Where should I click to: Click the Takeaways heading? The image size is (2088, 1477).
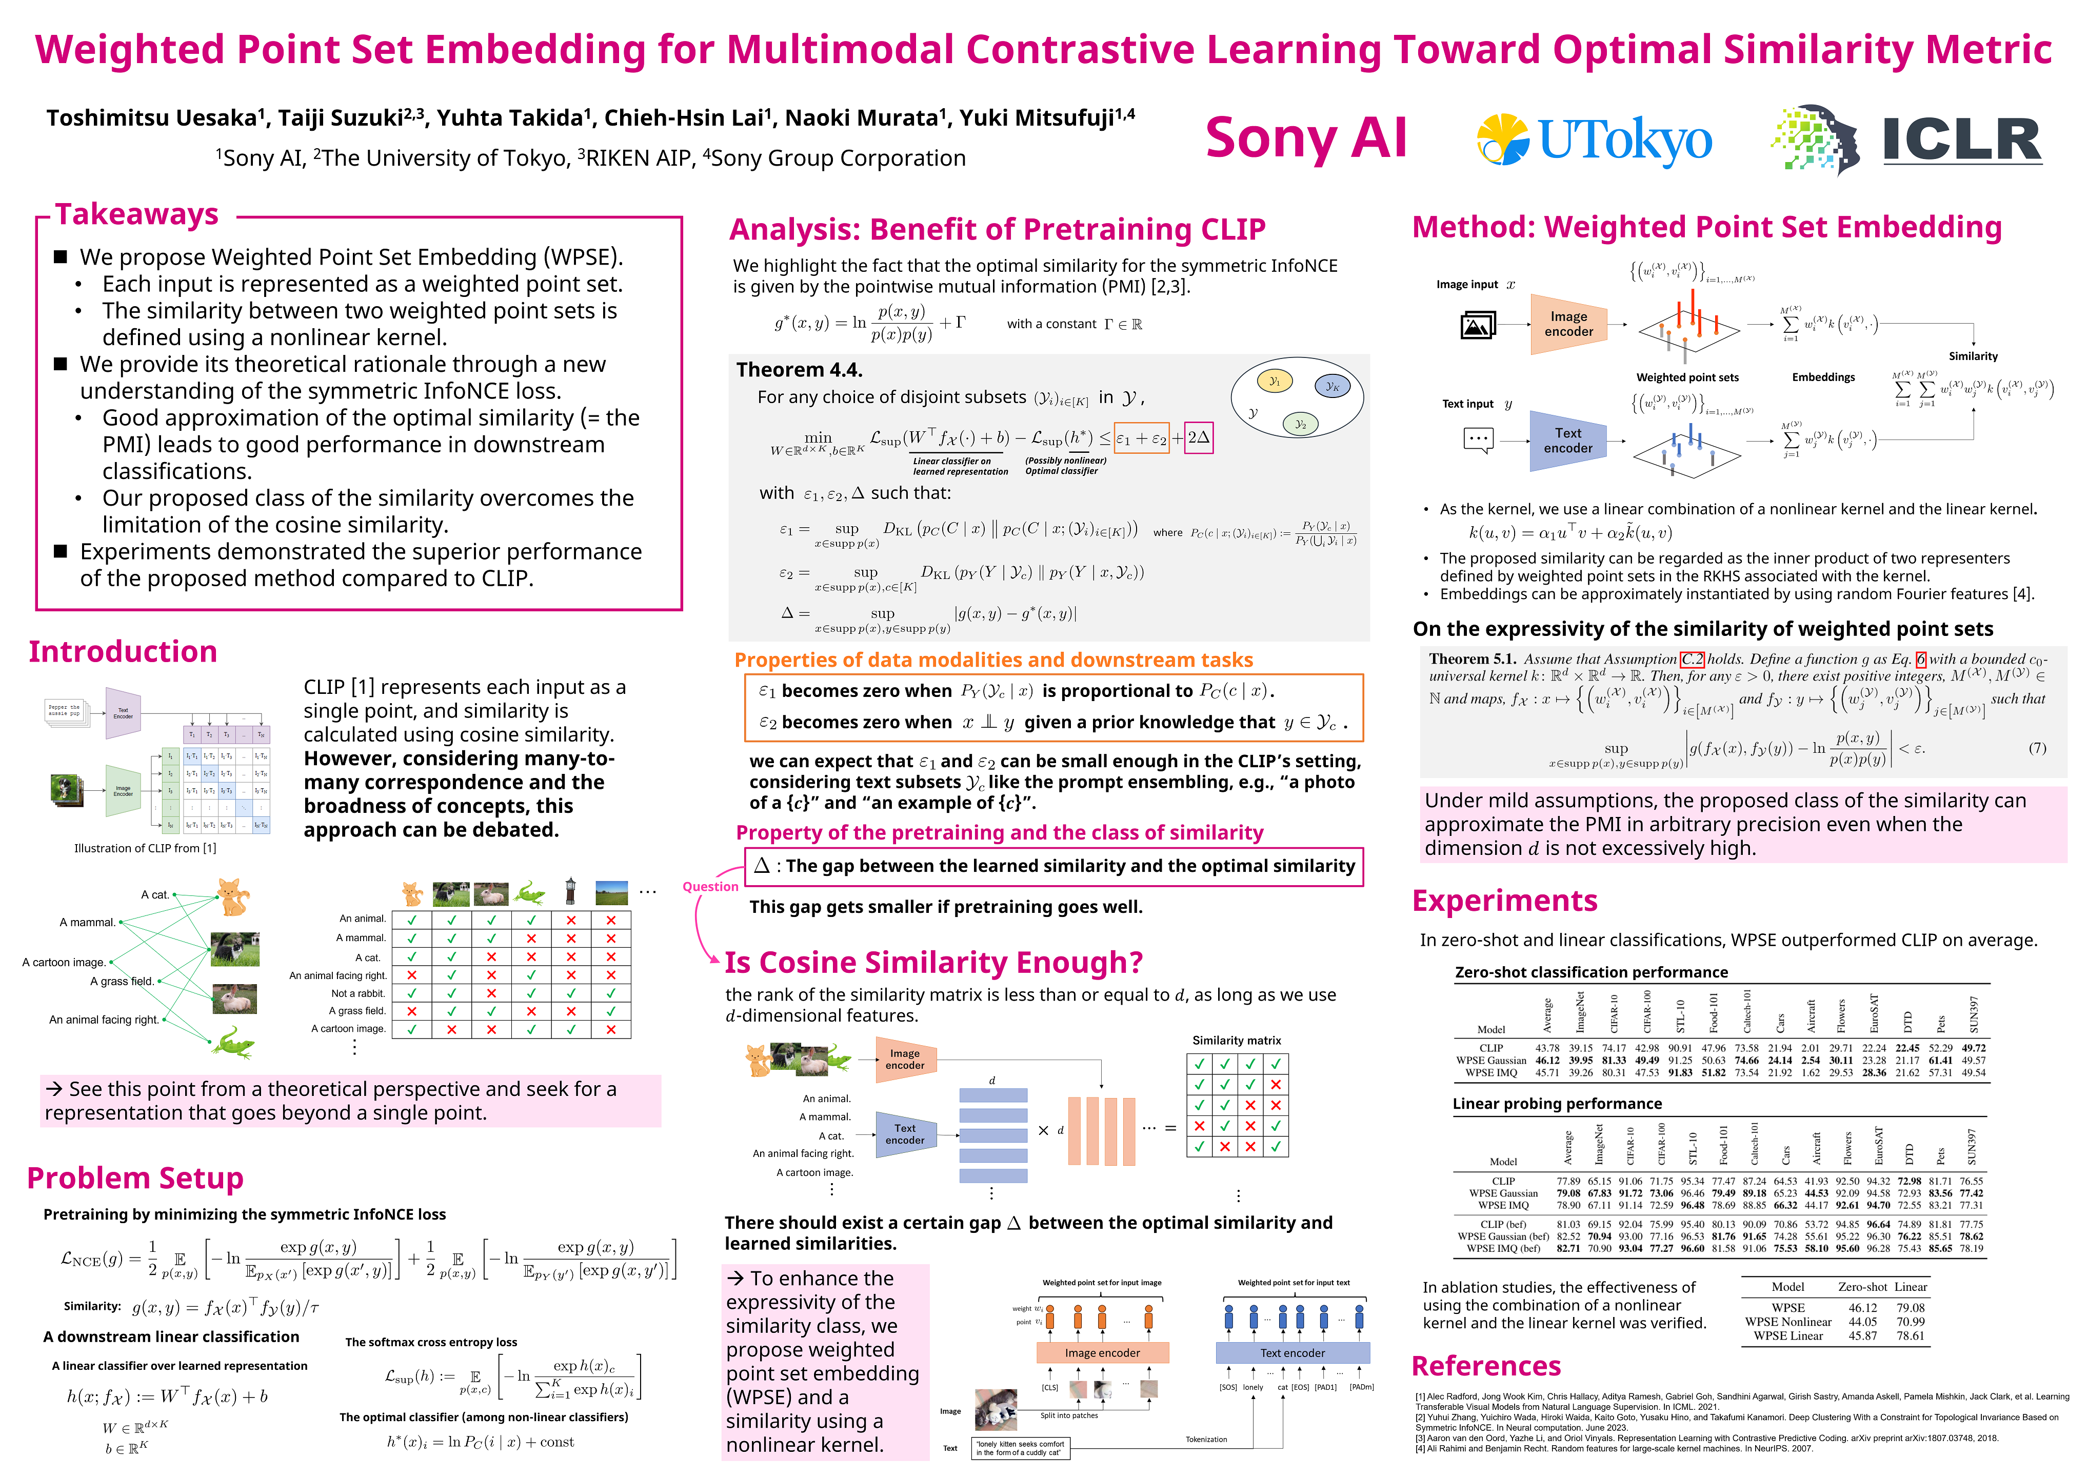136,215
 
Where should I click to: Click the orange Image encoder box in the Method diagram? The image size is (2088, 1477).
1568,324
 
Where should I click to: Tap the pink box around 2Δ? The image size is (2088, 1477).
1199,437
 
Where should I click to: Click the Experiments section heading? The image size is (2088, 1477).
1504,901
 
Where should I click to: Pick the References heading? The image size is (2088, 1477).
1486,1366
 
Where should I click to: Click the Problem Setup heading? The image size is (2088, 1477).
135,1179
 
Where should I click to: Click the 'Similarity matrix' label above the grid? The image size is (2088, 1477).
1236,1041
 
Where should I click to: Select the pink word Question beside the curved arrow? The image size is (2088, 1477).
710,887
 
